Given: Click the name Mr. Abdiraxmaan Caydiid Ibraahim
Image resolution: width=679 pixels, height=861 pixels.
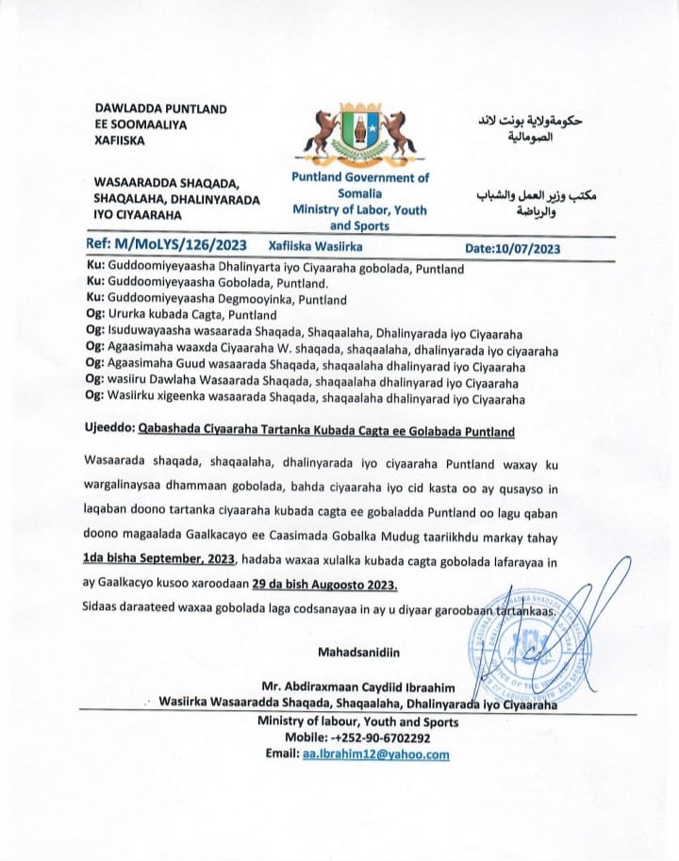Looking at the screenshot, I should (362, 686).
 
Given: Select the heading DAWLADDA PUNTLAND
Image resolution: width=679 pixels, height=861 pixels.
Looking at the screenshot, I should (160, 109).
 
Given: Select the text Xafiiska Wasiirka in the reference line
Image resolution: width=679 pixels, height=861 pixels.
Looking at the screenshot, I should (317, 247).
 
